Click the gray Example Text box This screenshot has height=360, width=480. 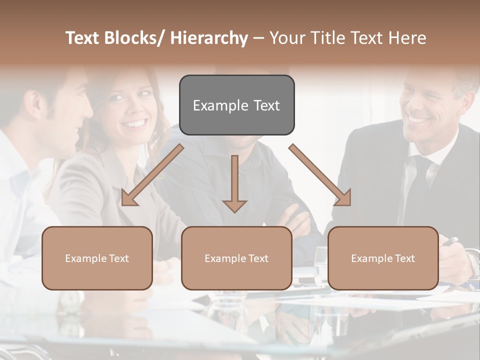coord(236,105)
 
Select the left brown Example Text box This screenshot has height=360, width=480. coord(97,258)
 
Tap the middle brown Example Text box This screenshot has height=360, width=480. coord(236,258)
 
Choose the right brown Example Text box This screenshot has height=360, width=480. coord(383,258)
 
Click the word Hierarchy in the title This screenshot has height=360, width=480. coord(209,38)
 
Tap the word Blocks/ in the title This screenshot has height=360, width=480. coord(134,38)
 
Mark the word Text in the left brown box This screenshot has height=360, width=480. coord(119,258)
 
